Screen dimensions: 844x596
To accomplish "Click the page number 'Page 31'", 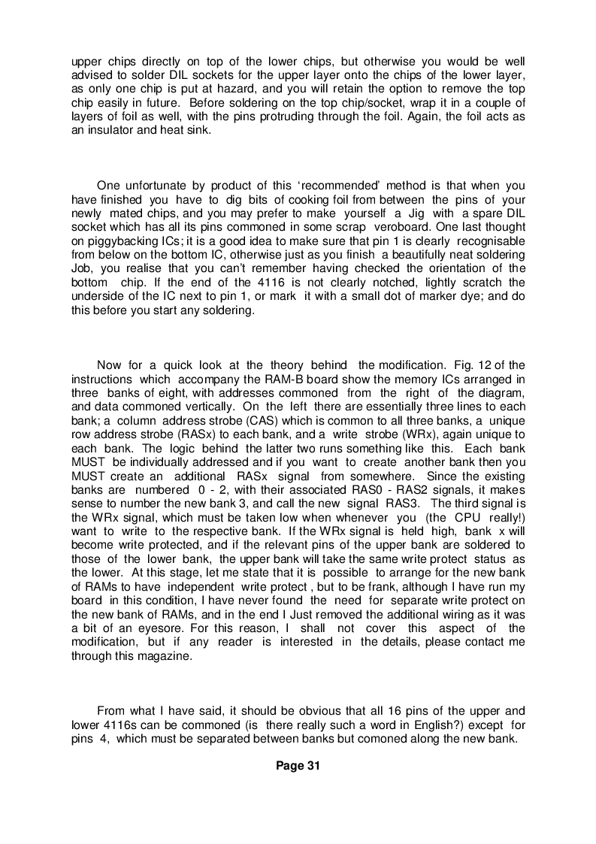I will click(x=298, y=766).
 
